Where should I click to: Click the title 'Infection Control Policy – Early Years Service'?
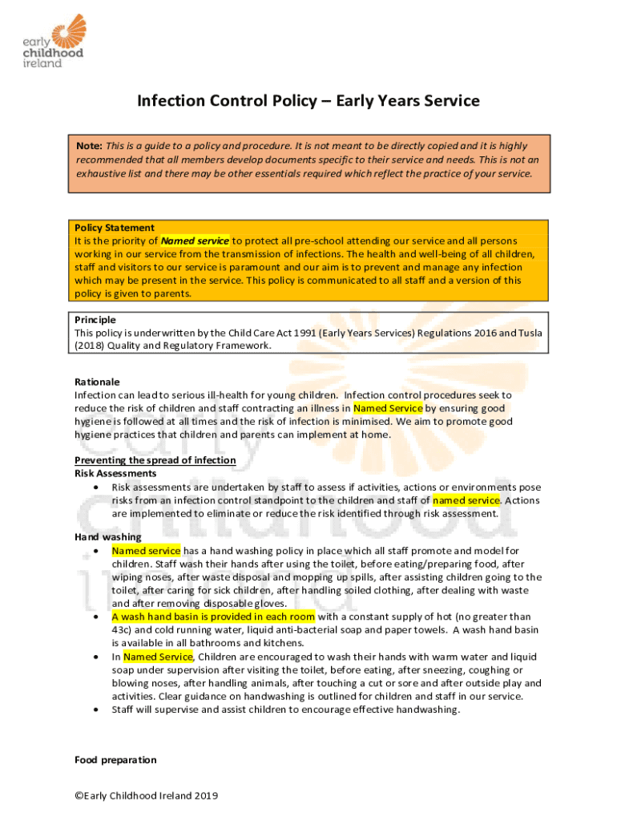click(308, 101)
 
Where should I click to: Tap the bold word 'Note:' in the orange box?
click(88, 145)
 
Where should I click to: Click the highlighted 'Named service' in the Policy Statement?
click(195, 241)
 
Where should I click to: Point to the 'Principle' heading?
click(95, 319)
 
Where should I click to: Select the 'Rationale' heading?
click(97, 382)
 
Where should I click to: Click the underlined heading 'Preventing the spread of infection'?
click(155, 460)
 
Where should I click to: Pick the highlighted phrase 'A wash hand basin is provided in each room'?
click(213, 617)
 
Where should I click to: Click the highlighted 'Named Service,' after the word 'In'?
click(159, 657)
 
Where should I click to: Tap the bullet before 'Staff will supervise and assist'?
click(96, 710)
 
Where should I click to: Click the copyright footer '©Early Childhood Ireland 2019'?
click(146, 796)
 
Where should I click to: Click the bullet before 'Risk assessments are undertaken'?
click(96, 487)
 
